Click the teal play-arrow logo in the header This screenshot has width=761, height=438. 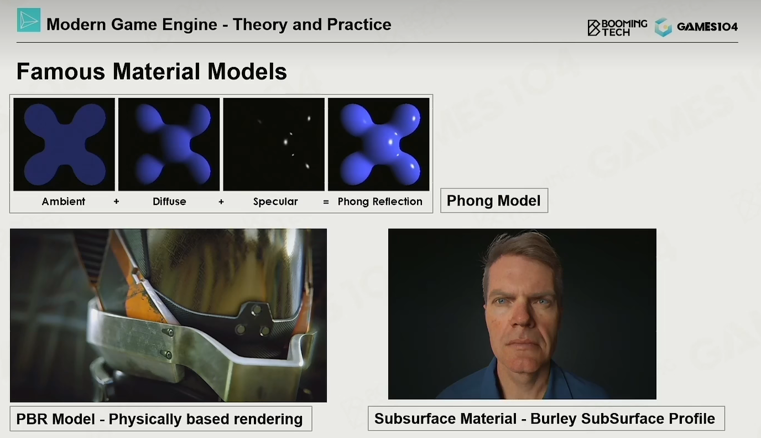coord(29,20)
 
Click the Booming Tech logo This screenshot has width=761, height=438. coord(617,28)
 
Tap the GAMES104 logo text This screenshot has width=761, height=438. coord(707,27)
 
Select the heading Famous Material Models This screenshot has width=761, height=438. coord(152,71)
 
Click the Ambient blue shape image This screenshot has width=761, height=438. coord(64,144)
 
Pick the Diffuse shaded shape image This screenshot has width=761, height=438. coord(169,144)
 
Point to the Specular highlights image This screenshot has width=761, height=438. coord(274,144)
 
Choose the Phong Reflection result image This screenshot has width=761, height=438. coord(378,144)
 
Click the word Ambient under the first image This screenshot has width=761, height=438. coord(64,202)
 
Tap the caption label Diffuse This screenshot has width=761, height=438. coord(169,202)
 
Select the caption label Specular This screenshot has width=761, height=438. coord(275,202)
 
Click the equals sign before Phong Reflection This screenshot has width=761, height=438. coord(326,202)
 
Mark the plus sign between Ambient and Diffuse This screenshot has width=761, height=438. coord(116,202)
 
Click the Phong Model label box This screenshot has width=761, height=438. coord(494,200)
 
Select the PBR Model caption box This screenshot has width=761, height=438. coord(161,419)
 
